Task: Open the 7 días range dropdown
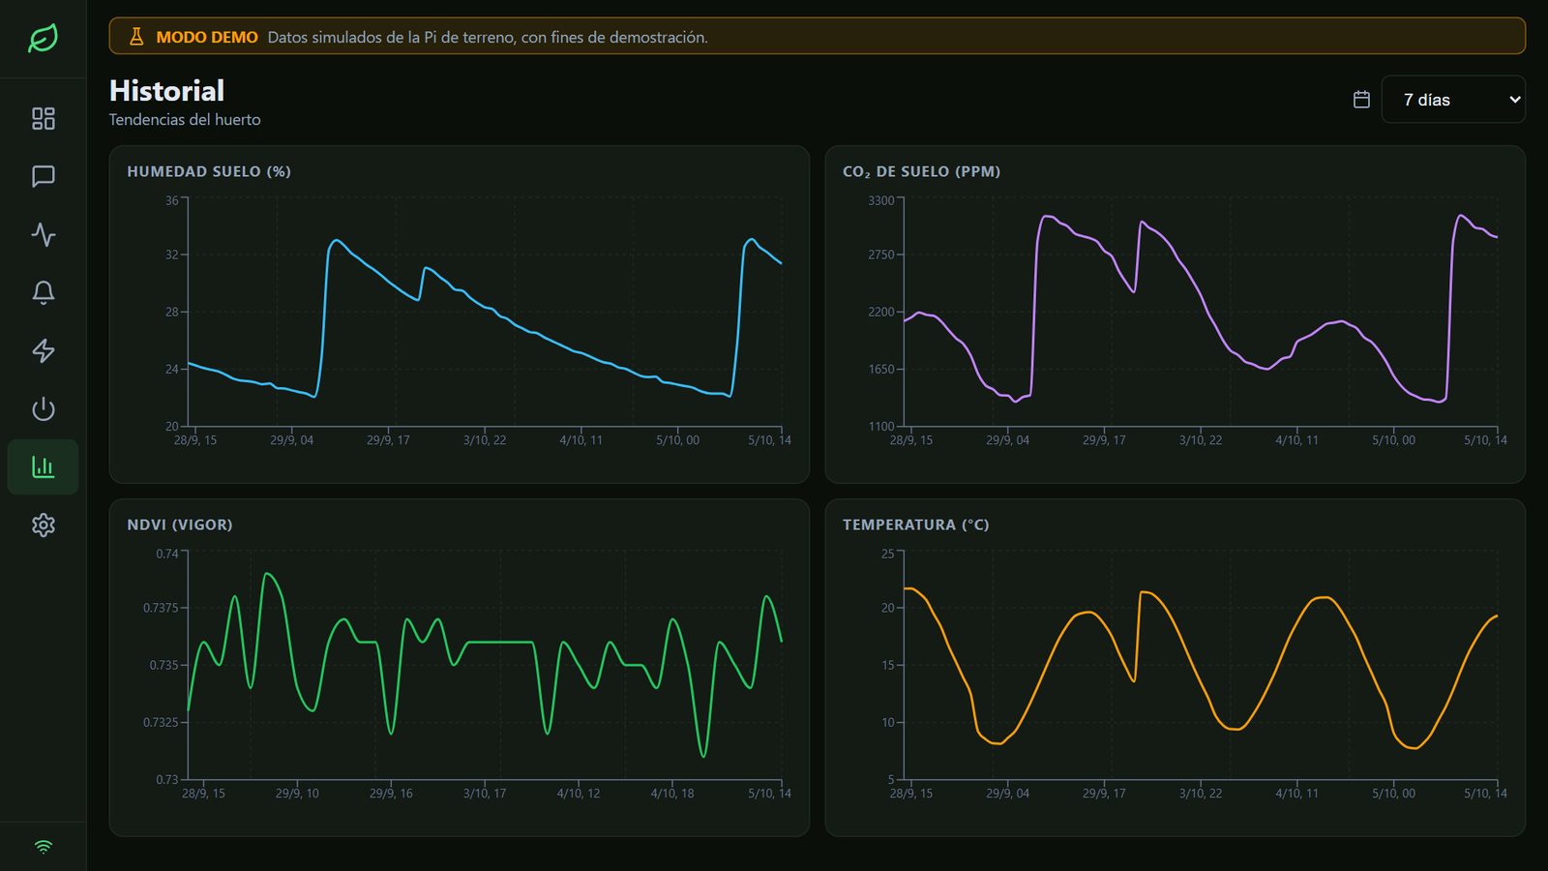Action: (1452, 100)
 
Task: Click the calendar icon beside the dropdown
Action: (1361, 100)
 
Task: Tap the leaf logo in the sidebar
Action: (43, 38)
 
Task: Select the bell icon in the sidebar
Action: (44, 292)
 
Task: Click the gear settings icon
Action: (44, 526)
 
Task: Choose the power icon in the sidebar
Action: (44, 408)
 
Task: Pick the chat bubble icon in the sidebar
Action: (44, 176)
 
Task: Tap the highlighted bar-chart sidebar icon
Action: (44, 467)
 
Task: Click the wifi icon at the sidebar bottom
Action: (44, 847)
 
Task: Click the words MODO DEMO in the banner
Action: (207, 38)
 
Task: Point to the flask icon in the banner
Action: (136, 37)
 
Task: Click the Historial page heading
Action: (166, 91)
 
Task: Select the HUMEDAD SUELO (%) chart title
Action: (209, 171)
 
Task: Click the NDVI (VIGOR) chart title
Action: (180, 525)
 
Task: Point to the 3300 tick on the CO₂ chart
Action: (881, 200)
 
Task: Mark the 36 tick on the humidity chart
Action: (171, 200)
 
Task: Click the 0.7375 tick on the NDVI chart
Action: (161, 608)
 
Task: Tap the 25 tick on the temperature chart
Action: (887, 554)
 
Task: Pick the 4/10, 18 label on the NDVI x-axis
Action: (672, 793)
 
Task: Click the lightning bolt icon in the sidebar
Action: (44, 350)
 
